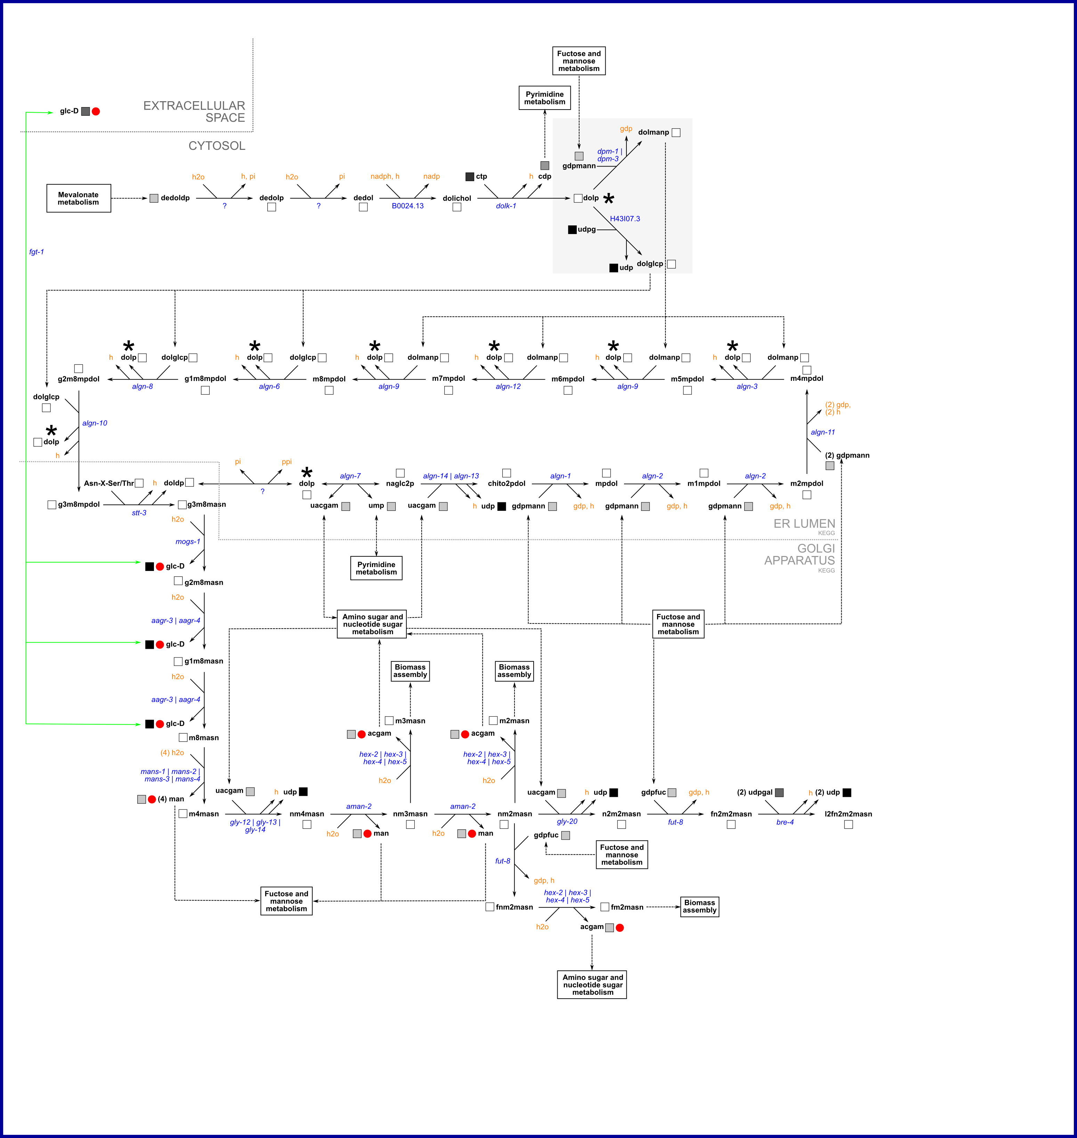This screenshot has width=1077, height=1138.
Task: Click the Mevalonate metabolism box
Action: tap(79, 198)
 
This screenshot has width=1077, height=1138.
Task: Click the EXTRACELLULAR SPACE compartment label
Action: tap(194, 111)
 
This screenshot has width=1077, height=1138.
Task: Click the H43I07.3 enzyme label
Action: tap(625, 219)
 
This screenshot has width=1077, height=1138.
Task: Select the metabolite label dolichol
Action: tap(457, 198)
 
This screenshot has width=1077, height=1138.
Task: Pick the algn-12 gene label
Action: tap(508, 386)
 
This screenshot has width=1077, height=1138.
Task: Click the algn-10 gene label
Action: tap(95, 423)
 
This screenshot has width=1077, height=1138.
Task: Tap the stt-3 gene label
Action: tap(139, 513)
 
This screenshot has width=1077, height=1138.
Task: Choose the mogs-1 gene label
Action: tap(188, 541)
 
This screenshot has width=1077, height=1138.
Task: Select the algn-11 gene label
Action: tap(823, 432)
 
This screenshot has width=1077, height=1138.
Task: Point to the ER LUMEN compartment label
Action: tap(804, 524)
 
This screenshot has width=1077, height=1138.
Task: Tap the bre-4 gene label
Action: tap(785, 822)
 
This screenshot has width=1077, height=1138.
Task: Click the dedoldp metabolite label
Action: tap(175, 198)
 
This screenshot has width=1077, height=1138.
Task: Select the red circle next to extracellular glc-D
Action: tap(96, 111)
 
